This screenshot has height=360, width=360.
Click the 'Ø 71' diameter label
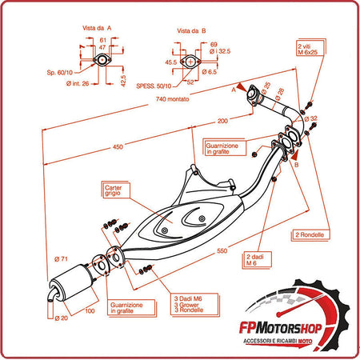coord(60,258)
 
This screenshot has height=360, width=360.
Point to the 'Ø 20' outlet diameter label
coord(62,317)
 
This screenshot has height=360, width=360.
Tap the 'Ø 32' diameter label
coord(310,118)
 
